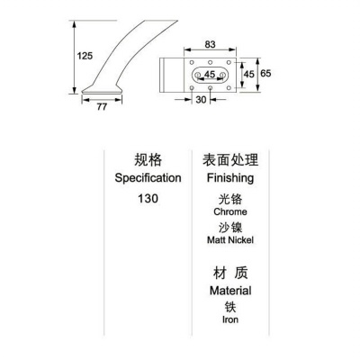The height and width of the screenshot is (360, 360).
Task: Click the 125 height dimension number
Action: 85,56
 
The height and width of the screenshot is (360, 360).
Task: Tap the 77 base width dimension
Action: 102,107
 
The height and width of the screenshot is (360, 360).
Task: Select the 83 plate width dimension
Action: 210,44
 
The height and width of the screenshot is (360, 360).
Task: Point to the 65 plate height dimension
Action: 265,73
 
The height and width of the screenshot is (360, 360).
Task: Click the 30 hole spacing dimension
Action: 201,100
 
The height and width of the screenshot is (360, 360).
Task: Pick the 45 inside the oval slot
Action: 210,74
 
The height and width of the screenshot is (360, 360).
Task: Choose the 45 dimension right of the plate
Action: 249,74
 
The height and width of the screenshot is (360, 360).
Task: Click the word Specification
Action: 148,178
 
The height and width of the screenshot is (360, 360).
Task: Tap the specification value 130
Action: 148,199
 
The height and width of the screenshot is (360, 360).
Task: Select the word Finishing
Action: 230,178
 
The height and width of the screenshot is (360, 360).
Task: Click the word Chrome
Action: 230,211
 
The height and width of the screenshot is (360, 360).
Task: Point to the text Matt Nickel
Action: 230,240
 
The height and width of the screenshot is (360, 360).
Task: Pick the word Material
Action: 230,291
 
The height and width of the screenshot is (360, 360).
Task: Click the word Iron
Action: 230,319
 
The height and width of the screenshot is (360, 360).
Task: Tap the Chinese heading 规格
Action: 148,159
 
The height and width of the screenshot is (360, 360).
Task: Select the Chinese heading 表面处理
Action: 230,159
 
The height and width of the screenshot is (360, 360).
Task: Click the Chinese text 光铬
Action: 230,199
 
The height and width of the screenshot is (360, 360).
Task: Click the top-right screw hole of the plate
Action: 229,62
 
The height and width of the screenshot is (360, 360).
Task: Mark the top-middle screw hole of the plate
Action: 211,62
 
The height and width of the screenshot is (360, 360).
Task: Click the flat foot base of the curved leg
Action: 102,90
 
